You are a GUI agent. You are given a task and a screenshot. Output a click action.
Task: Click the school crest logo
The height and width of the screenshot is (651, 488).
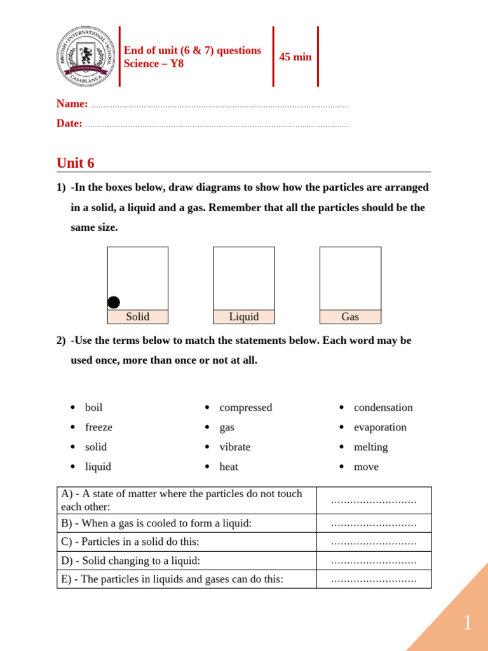[86, 57]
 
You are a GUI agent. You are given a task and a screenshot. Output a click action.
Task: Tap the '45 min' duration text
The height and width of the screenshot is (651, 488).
[295, 57]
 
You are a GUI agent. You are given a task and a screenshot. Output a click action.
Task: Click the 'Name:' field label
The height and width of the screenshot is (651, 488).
[72, 104]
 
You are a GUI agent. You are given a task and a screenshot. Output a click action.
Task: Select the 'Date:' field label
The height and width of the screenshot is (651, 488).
[69, 123]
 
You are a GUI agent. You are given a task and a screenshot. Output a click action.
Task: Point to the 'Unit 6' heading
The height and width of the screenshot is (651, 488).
[76, 163]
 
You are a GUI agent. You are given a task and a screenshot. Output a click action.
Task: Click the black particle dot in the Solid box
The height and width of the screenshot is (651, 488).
[114, 303]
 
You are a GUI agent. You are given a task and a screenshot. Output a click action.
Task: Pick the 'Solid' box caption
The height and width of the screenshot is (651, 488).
[138, 317]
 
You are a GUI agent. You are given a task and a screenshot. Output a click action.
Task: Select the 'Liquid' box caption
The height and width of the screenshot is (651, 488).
[244, 317]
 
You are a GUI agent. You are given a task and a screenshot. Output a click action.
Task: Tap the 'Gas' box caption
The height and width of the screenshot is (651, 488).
[350, 317]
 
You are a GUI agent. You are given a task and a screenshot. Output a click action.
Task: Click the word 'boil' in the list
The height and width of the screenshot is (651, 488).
[93, 408]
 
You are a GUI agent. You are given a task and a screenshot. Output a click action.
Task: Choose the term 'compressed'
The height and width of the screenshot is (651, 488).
[245, 408]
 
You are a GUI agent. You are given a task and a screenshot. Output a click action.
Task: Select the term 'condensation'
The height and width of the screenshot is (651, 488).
[383, 408]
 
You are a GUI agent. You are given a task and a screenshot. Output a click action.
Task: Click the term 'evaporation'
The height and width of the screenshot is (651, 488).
[380, 427]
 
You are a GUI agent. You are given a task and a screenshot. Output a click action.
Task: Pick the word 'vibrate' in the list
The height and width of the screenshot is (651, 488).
[234, 447]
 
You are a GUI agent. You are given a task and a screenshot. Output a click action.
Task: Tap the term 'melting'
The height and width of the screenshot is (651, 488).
[370, 447]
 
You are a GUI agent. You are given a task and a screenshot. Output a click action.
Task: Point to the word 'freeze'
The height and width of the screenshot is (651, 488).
[98, 427]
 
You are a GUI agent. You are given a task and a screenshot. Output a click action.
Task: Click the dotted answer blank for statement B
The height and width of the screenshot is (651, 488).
[374, 524]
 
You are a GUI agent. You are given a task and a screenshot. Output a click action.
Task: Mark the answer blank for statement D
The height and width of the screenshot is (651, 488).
[374, 561]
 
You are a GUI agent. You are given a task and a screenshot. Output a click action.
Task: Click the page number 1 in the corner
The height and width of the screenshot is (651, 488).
[467, 623]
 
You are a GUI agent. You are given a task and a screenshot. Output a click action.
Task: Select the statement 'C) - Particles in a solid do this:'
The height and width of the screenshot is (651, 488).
[130, 542]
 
